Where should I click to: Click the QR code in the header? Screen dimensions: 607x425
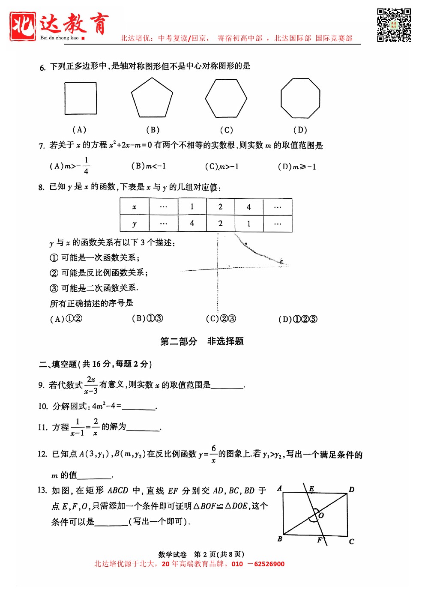(394, 25)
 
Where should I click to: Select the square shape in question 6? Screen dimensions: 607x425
(81, 98)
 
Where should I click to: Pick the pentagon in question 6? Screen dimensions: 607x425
(152, 98)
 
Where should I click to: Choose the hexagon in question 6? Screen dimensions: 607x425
(226, 98)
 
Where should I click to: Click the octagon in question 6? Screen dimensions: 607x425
(300, 98)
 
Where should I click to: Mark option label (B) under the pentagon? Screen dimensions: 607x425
(153, 130)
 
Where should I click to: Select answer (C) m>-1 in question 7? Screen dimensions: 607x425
(221, 167)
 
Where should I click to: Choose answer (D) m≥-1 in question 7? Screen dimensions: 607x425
(297, 167)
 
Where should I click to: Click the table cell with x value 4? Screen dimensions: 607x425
(249, 207)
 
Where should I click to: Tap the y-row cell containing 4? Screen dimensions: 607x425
(192, 223)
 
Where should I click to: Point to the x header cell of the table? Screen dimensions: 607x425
(135, 207)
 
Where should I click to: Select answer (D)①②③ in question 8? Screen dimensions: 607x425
(298, 319)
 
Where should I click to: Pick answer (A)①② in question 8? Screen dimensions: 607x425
(66, 319)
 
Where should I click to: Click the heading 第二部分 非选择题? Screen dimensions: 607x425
(202, 341)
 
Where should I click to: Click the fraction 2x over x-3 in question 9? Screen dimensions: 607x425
(91, 385)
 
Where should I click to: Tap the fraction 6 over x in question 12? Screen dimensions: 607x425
(213, 454)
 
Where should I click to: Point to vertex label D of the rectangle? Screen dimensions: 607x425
(351, 490)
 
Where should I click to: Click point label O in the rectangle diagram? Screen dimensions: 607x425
(321, 515)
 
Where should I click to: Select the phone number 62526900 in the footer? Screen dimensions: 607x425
(269, 564)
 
